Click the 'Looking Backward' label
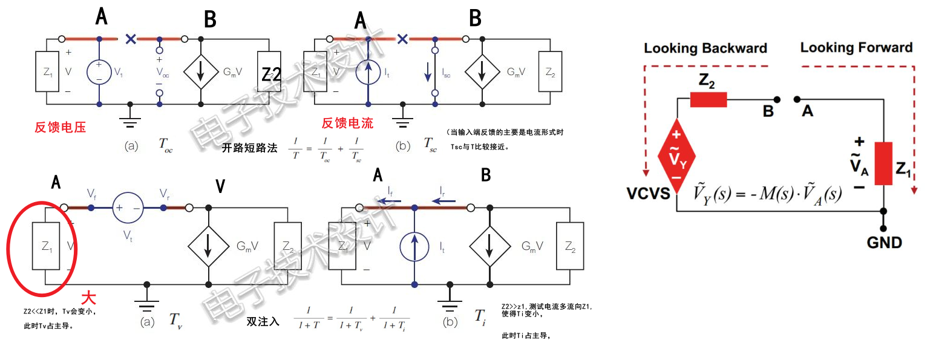(705, 48)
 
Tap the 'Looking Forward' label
(856, 47)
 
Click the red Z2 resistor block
(709, 100)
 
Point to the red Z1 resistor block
(883, 163)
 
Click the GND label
(884, 243)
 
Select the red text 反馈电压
(60, 127)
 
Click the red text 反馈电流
(347, 123)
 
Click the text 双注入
(263, 322)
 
